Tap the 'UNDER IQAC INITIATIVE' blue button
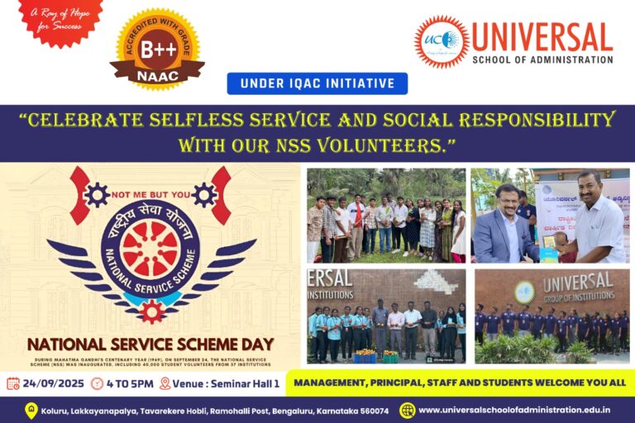[x=317, y=83]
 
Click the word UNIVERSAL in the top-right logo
[x=542, y=37]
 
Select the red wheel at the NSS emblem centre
[x=150, y=249]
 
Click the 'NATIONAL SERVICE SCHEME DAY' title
[x=150, y=344]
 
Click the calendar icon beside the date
[x=13, y=383]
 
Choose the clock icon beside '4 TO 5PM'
[x=98, y=383]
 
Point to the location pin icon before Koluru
[x=31, y=410]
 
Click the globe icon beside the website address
[x=408, y=410]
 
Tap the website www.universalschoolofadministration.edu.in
[x=514, y=410]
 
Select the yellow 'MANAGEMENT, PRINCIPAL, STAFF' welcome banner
[x=460, y=383]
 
